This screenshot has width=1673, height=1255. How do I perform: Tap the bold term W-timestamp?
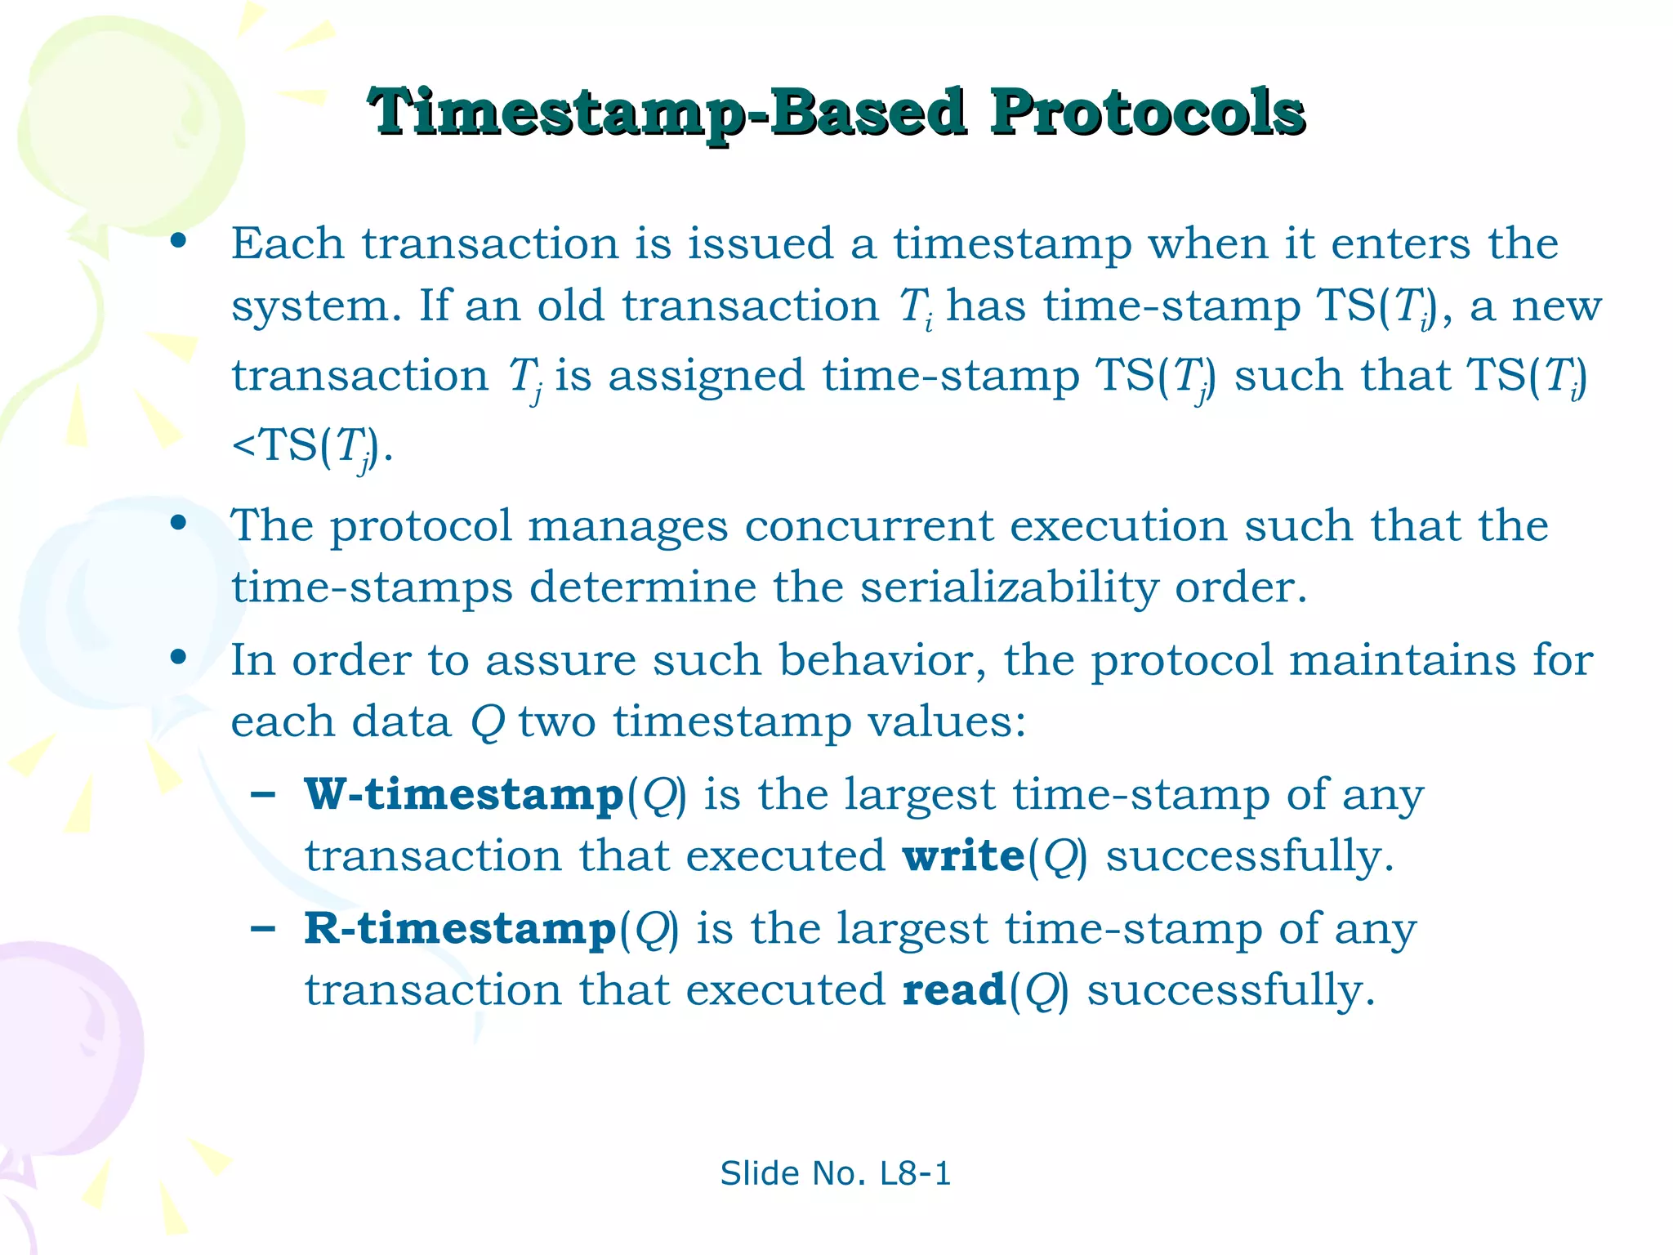point(464,795)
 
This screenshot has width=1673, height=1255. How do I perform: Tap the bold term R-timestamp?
point(460,929)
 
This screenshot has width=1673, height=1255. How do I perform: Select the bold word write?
point(963,856)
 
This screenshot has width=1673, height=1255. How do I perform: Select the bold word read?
point(953,990)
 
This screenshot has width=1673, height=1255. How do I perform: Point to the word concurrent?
point(868,526)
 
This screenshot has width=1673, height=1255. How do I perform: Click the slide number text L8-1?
point(915,1174)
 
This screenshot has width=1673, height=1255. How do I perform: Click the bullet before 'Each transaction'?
point(178,242)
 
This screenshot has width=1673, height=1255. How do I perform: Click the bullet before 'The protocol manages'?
point(178,524)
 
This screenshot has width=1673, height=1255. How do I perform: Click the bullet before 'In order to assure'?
point(178,658)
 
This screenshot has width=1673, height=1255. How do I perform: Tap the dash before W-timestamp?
point(263,795)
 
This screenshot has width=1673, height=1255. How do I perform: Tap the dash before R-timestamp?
point(263,929)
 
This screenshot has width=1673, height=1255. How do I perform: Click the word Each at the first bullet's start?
point(287,244)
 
